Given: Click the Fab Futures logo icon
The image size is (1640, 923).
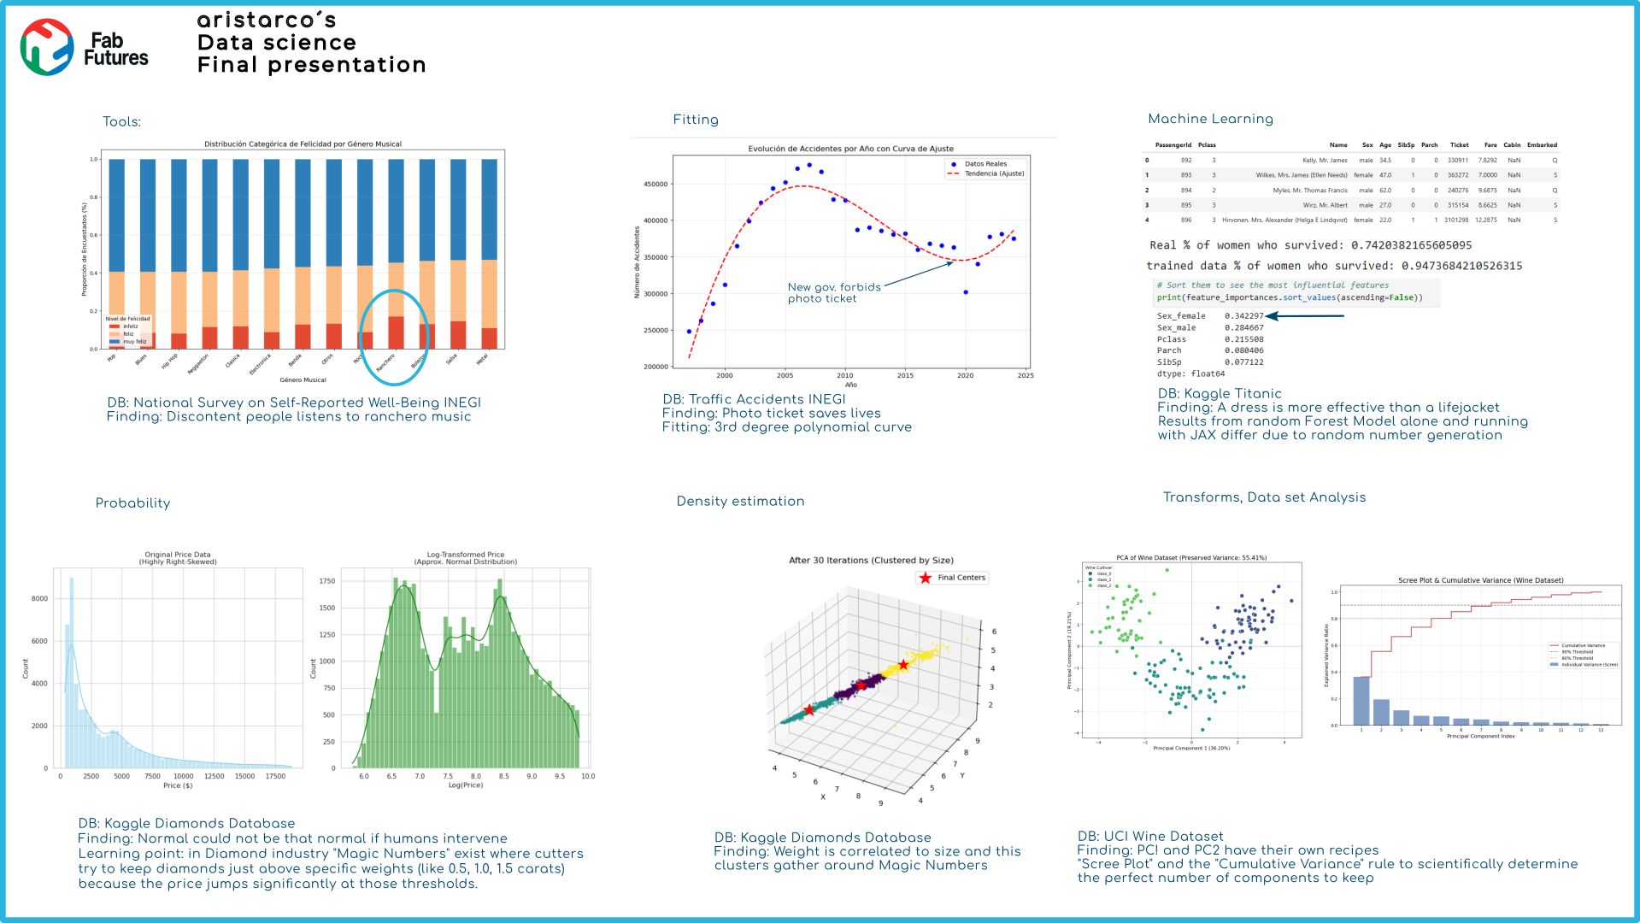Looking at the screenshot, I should point(47,47).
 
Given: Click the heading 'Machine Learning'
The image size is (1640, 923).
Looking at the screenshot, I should point(1210,119).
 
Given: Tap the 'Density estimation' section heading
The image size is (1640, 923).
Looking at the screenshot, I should point(740,502).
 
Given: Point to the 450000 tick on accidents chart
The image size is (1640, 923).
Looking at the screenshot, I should point(655,184).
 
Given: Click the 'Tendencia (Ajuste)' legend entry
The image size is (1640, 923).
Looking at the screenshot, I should point(993,173).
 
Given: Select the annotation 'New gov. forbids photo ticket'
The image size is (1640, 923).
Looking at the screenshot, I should point(833,293).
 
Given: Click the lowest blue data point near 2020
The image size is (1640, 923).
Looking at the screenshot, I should point(966,292).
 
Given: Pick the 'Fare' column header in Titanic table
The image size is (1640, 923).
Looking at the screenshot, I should point(1490,145).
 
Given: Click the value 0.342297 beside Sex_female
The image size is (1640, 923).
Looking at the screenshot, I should point(1243,316).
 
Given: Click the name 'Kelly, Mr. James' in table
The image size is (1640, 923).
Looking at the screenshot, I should point(1325,161).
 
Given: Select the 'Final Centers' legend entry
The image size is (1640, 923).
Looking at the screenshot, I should point(961,578).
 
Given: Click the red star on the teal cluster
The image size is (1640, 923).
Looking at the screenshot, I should point(808,710).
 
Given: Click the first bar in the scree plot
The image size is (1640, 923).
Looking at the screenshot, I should point(1361,701).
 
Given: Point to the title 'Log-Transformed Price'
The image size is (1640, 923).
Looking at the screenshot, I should point(466,555).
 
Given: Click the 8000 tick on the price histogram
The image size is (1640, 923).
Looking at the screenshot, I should point(40,599).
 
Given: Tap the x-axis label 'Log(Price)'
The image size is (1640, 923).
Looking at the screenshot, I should point(466,785).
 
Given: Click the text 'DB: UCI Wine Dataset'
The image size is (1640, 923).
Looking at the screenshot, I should point(1149,837).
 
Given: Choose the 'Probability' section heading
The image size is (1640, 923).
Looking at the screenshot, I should point(132,503).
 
